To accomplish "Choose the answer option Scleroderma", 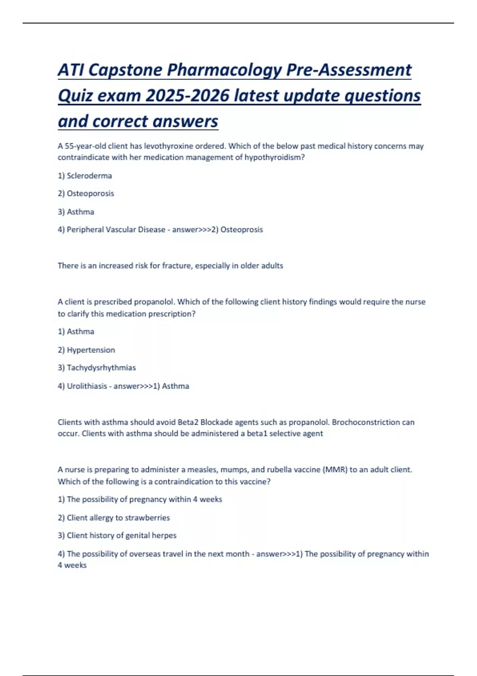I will click(89, 176).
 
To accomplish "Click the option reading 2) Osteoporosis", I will click(86, 194).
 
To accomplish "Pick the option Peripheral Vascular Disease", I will click(116, 229).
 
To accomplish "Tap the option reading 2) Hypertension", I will click(86, 350).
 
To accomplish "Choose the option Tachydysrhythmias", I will click(101, 368).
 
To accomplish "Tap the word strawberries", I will click(147, 518).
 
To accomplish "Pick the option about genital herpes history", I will click(117, 536).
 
